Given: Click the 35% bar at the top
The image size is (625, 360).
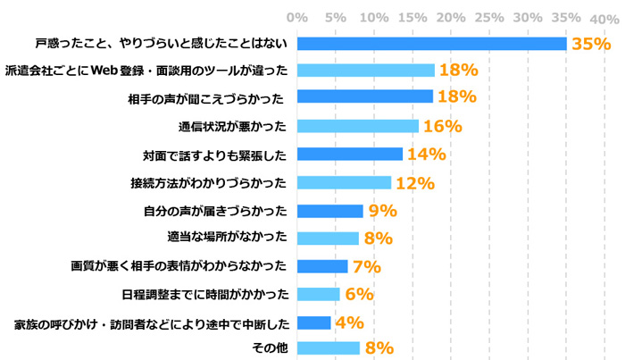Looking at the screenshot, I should tap(431, 43).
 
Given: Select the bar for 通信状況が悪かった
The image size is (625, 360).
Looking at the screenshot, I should tap(357, 126).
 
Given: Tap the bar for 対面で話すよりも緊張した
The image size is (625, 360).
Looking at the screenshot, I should tap(349, 154).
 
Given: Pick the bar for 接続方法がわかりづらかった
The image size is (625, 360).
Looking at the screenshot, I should tap(344, 182).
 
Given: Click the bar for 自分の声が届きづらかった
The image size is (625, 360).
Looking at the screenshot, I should tap(329, 211).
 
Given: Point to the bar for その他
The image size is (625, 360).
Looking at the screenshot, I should tap(328, 347).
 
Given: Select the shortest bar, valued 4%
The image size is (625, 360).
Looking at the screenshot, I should tap(313, 322).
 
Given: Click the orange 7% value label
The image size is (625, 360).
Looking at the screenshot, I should tap(366, 266).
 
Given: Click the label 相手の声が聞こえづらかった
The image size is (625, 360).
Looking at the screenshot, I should tap(207, 98).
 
